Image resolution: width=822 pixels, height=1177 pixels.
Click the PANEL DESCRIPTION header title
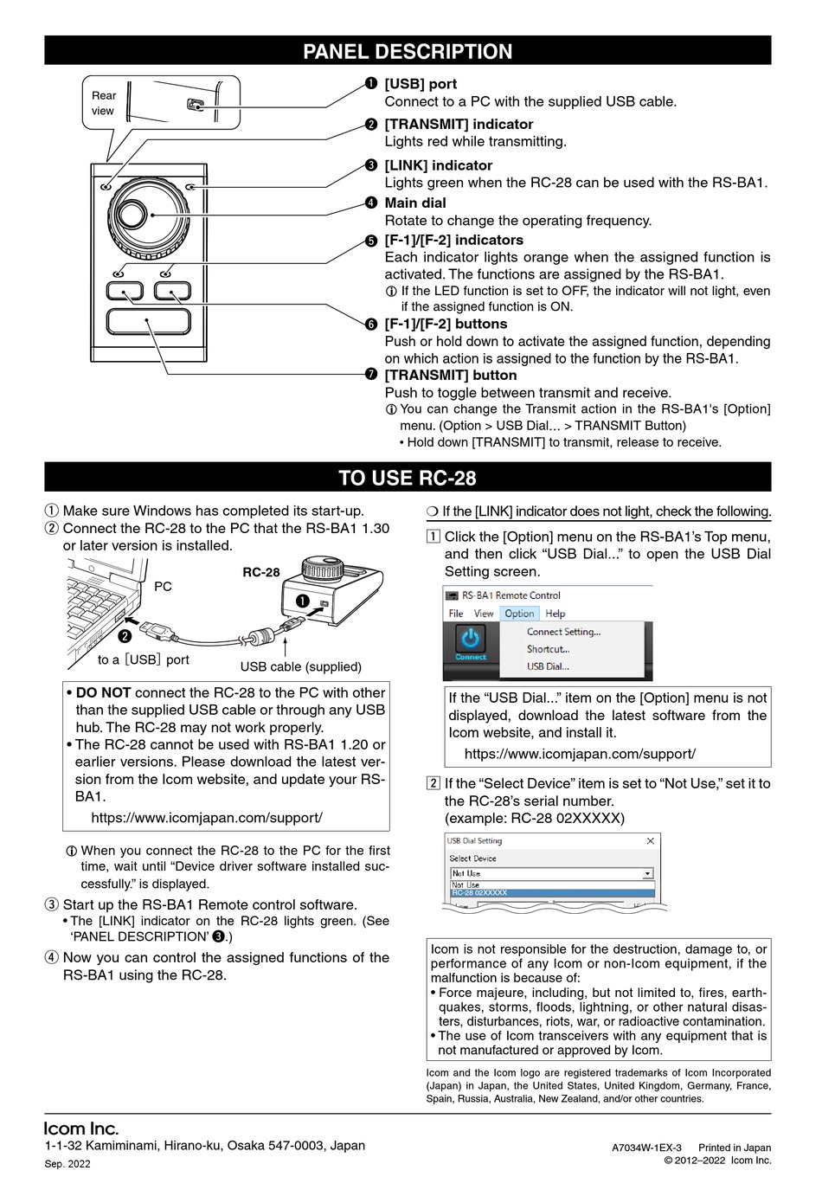tap(408, 51)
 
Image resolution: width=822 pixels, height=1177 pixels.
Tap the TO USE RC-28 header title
tap(408, 478)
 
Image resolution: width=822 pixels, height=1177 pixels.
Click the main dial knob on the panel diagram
tap(148, 213)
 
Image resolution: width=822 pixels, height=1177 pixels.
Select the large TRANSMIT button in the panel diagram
tap(148, 321)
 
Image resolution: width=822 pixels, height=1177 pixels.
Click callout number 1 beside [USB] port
tap(370, 84)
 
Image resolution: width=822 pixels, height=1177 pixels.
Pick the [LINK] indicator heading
tap(438, 165)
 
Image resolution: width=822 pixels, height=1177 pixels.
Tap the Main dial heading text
tap(415, 203)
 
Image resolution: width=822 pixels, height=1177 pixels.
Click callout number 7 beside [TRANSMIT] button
tap(370, 375)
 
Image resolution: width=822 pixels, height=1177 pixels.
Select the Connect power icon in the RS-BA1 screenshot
tap(471, 640)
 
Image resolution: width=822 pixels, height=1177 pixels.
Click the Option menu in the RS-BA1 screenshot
tap(519, 614)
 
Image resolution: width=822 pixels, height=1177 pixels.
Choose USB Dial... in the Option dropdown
tap(548, 666)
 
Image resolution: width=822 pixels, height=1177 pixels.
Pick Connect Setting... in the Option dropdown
tap(563, 632)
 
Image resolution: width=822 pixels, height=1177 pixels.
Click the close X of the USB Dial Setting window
tap(651, 841)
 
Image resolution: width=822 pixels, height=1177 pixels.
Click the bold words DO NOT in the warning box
tap(103, 692)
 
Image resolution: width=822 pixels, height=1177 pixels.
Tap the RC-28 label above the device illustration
tap(260, 572)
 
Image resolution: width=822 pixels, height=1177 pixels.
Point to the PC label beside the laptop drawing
tap(163, 587)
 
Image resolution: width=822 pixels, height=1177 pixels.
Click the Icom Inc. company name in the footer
tap(81, 1129)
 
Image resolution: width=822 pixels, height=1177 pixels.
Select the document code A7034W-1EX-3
tap(646, 1148)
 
